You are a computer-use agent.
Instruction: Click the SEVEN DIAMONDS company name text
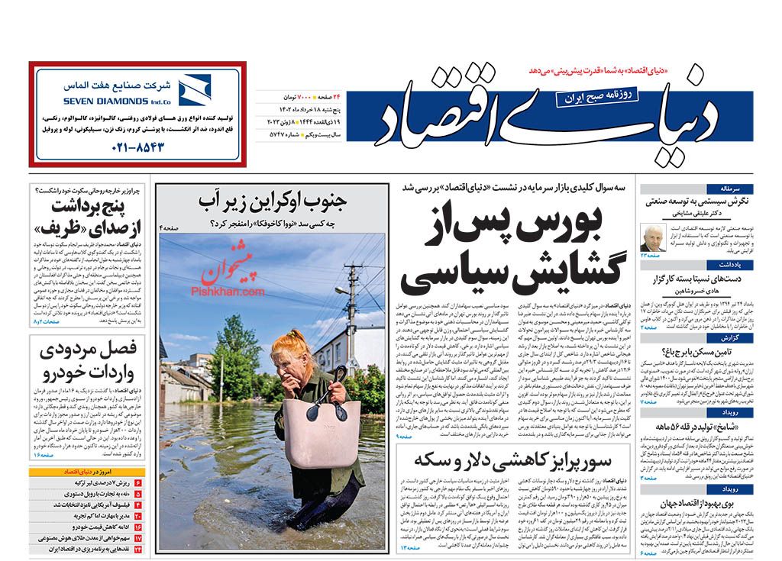[x=107, y=100]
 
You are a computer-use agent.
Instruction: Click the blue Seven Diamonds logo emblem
[x=194, y=91]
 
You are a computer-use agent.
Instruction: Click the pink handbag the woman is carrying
[x=321, y=430]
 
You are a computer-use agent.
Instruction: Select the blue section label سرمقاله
[x=741, y=189]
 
